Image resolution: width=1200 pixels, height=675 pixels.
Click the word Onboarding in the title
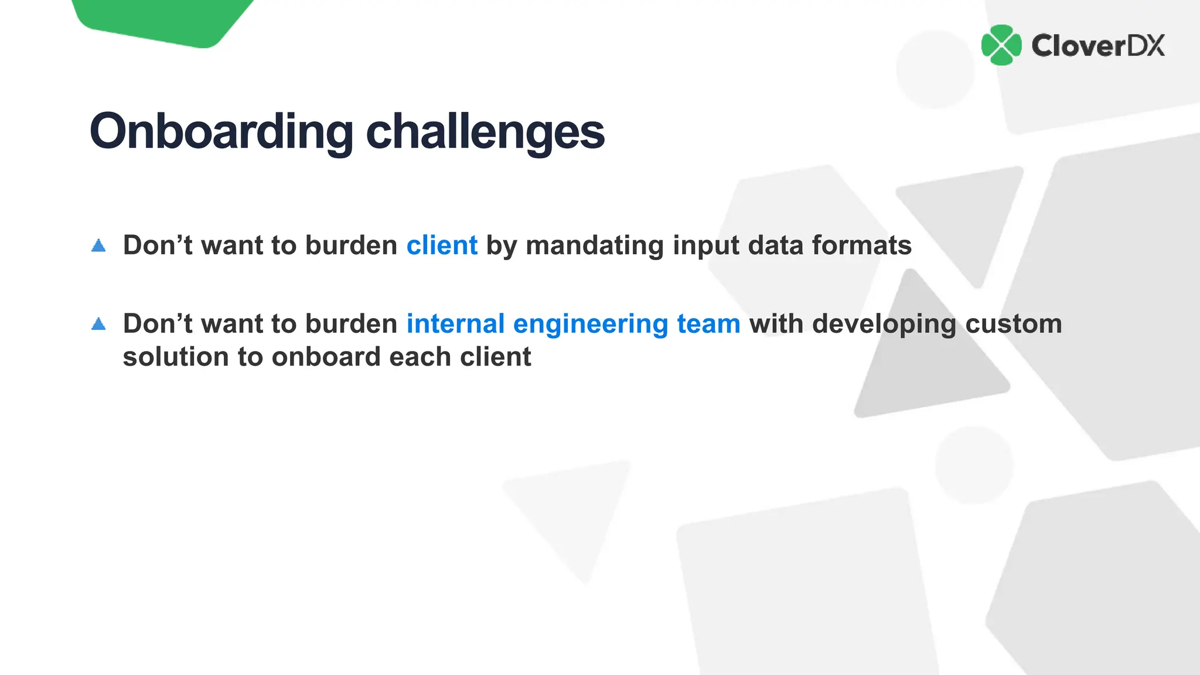pos(221,132)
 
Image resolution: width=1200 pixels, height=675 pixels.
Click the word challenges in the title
pos(485,132)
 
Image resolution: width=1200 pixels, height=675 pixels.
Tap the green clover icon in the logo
pos(1001,45)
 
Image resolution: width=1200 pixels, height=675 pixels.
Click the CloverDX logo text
pos(1097,46)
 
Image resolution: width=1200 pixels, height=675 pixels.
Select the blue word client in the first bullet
pos(442,245)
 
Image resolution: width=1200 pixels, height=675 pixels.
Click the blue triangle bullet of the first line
pos(98,246)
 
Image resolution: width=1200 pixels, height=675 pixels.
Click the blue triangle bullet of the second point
pos(98,324)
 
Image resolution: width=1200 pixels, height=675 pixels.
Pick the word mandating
pos(594,245)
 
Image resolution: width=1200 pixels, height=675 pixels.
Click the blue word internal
pos(455,323)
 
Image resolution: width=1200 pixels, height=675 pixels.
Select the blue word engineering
pos(590,323)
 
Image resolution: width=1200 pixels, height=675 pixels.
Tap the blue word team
pos(708,323)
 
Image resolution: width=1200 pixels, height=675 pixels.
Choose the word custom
pos(1013,323)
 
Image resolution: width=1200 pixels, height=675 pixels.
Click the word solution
pos(175,357)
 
